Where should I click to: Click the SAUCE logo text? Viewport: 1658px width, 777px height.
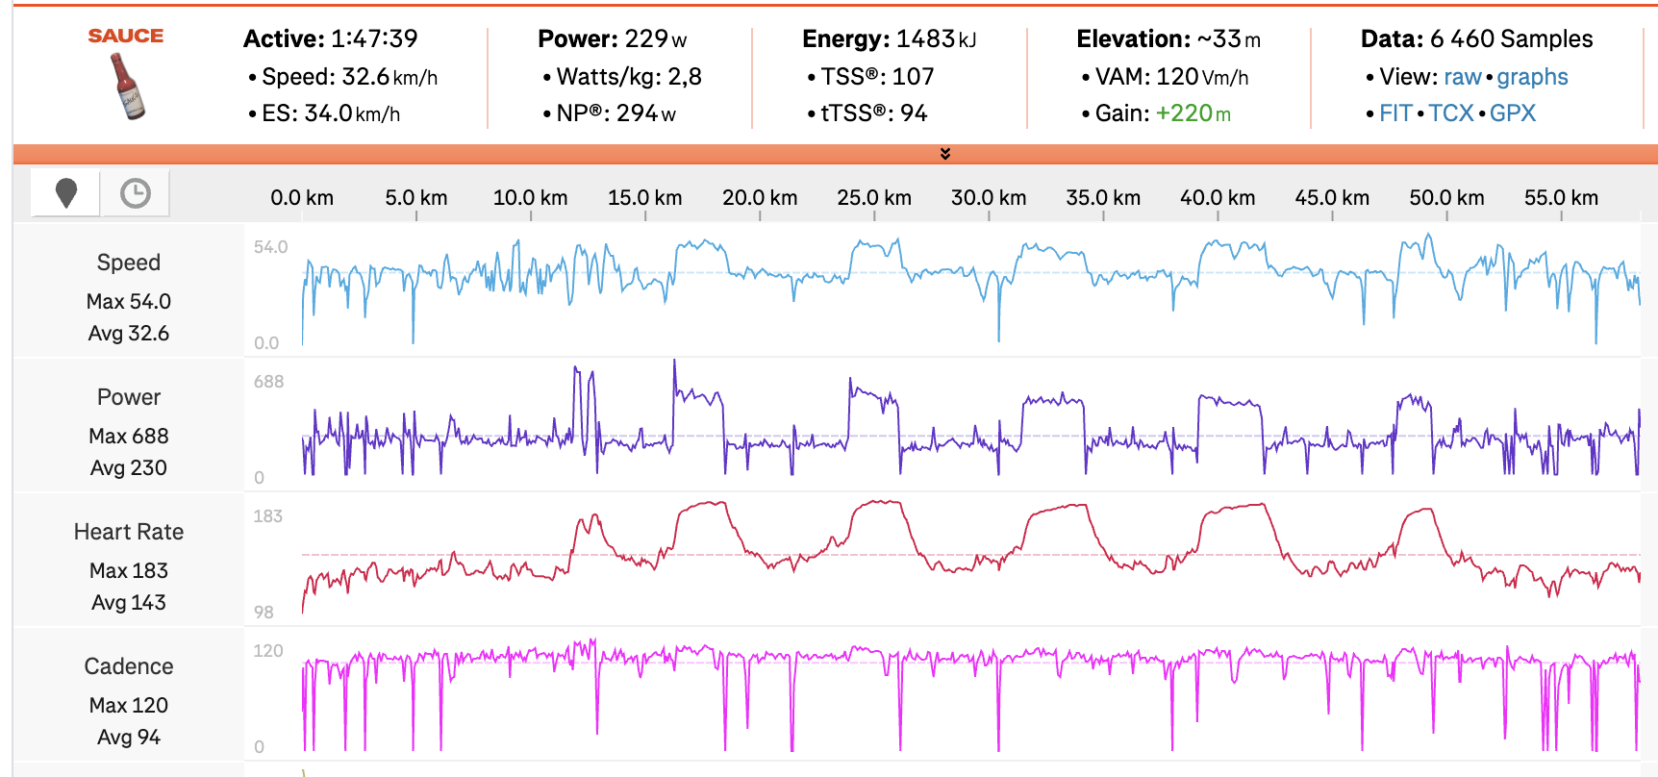tap(126, 36)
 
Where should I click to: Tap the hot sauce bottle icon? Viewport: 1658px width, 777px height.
tap(127, 87)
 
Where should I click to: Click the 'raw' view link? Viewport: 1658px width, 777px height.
tap(1462, 77)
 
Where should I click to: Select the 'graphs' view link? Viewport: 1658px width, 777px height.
tap(1532, 77)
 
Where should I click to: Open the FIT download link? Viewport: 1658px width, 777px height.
tap(1395, 113)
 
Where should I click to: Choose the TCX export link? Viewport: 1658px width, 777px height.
tap(1450, 113)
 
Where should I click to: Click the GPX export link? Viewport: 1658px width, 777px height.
tap(1513, 113)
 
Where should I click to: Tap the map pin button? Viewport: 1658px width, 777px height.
tap(66, 193)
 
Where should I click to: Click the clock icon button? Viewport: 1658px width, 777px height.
tap(136, 193)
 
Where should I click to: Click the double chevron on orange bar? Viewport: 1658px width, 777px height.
tap(945, 154)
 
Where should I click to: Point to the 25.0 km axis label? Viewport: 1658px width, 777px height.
tap(873, 198)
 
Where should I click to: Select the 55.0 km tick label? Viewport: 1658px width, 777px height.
tap(1561, 198)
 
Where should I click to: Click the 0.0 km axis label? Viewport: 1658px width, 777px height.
tap(302, 198)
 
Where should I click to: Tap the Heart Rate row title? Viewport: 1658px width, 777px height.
tap(129, 532)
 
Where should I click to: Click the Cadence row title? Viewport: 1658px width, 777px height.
tap(129, 666)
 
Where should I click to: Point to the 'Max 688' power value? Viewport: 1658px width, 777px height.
tap(129, 436)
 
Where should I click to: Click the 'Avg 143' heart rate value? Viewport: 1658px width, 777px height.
tap(129, 602)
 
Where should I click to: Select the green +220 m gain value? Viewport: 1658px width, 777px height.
tap(1193, 113)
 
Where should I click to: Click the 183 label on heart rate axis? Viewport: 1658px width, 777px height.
tap(267, 516)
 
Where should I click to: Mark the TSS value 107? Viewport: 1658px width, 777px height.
tap(913, 77)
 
